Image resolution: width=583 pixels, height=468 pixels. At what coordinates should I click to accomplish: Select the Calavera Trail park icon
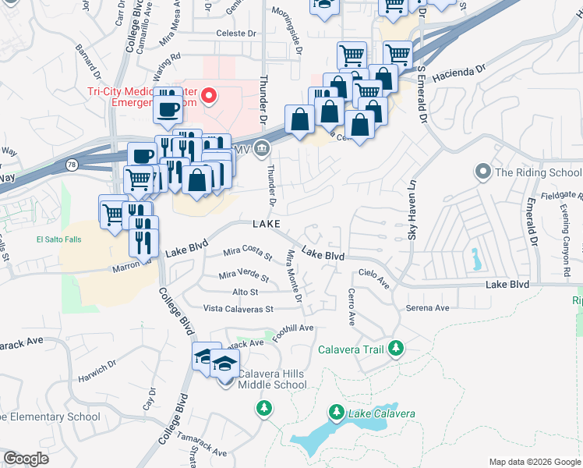click(x=397, y=348)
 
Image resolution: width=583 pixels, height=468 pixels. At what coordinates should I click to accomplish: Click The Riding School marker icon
click(x=483, y=172)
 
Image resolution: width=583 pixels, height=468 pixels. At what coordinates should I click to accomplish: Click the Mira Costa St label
click(x=247, y=253)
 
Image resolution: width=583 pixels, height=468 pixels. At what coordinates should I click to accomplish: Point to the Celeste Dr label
click(x=236, y=34)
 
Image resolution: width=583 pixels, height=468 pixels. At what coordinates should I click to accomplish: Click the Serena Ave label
click(x=427, y=308)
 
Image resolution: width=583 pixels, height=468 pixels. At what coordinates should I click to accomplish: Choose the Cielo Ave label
click(x=373, y=278)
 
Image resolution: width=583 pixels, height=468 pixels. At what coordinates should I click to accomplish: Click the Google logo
click(x=26, y=459)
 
